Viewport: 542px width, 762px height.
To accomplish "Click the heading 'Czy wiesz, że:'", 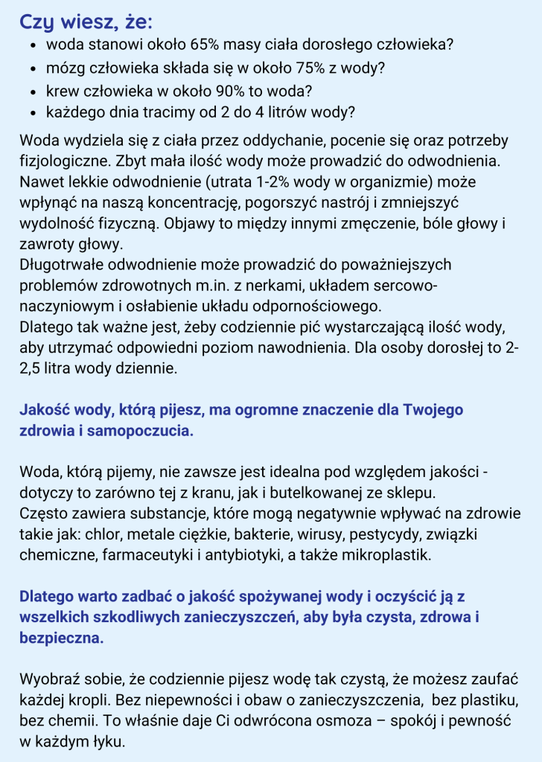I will [x=89, y=22].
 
